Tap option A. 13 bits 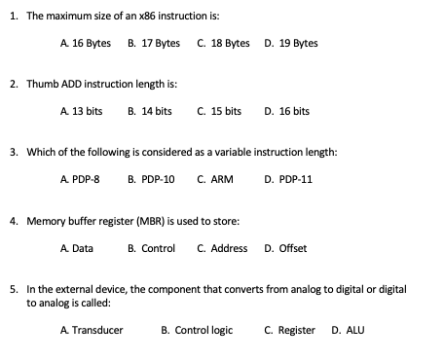[82, 112]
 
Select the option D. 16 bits [286, 112]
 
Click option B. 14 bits [150, 112]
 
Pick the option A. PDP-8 [81, 180]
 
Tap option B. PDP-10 [151, 180]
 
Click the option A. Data [77, 248]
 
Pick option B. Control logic [197, 331]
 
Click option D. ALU [348, 331]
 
